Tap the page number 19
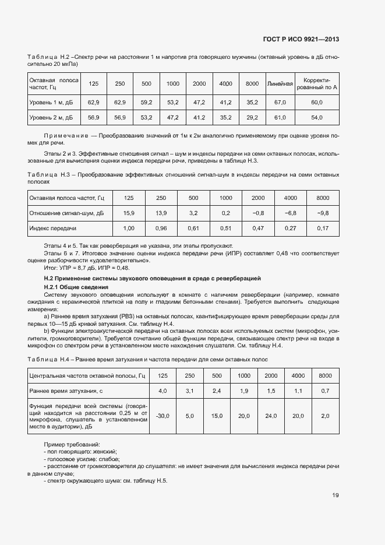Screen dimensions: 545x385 335,495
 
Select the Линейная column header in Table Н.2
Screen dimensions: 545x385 280,84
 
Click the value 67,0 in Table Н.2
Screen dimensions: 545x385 280,103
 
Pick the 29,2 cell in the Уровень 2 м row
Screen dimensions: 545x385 252,118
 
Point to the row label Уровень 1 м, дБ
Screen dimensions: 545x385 51,103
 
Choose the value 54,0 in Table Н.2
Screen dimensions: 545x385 317,118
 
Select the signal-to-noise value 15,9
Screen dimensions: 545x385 129,213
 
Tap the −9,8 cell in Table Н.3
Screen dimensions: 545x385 323,213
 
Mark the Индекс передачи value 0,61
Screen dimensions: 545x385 193,228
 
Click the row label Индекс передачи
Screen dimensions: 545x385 53,228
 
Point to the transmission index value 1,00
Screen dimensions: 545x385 129,228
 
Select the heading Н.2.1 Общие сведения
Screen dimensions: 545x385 76,288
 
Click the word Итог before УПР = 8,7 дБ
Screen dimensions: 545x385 51,267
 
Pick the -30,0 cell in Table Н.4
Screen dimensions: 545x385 163,416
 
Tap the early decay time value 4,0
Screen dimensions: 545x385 163,390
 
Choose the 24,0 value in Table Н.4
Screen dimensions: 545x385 271,416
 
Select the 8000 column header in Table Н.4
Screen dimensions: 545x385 325,375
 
